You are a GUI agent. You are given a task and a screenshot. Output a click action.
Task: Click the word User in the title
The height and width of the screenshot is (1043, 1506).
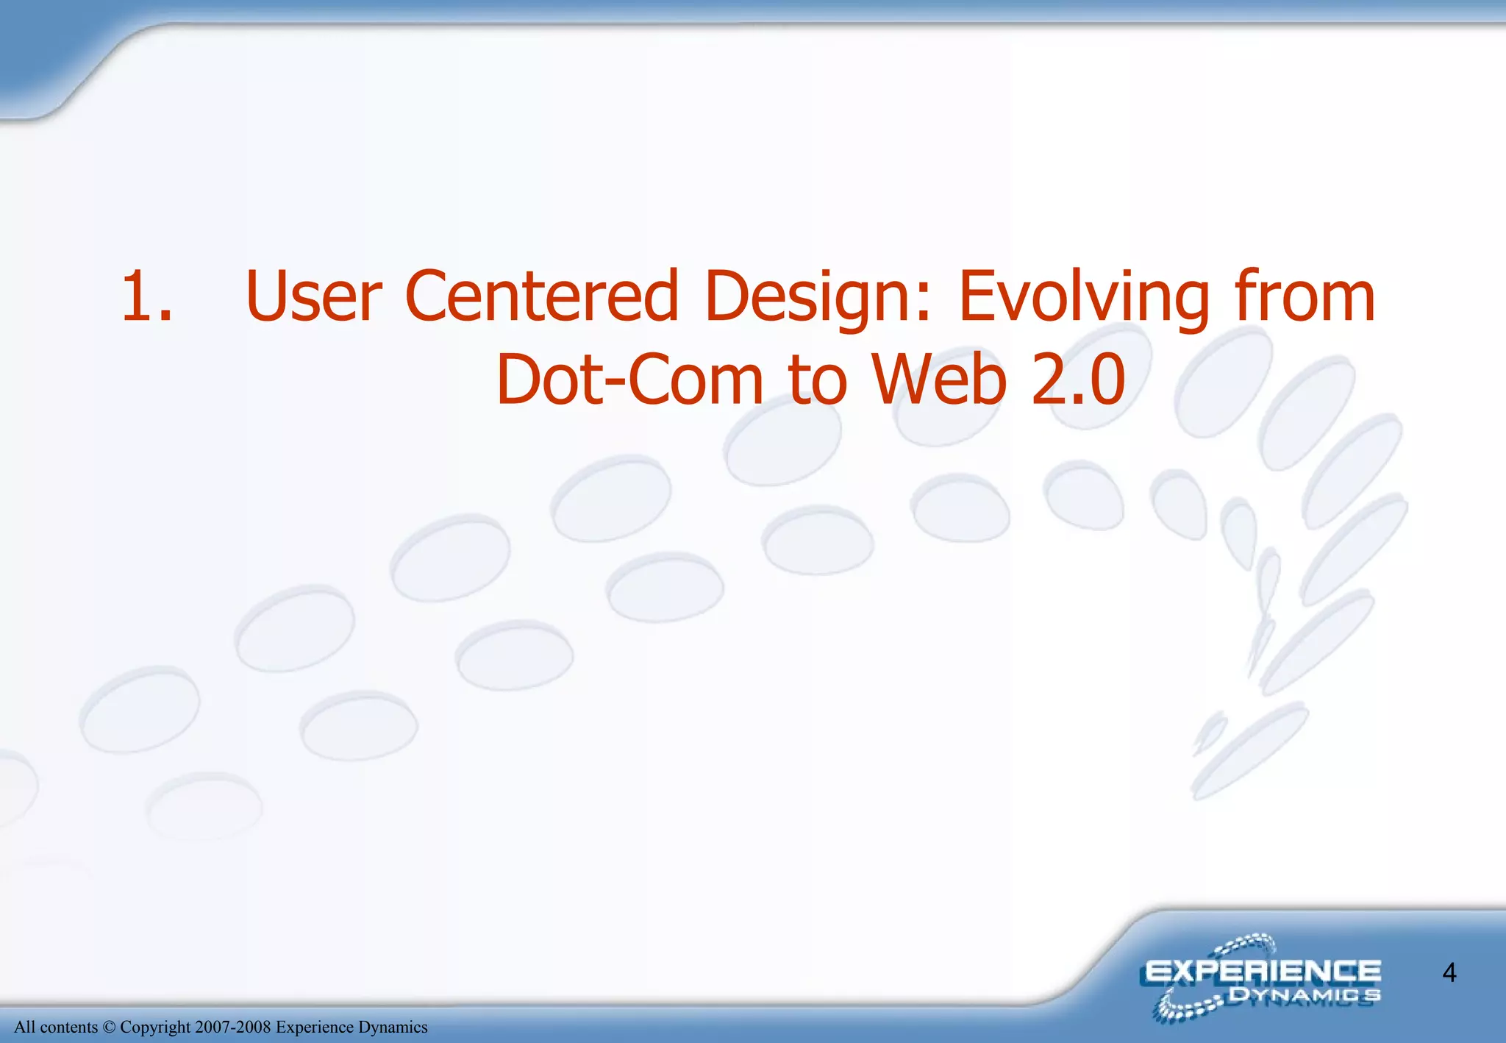(x=313, y=296)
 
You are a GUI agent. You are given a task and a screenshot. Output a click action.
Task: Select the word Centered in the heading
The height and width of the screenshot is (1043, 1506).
(x=541, y=296)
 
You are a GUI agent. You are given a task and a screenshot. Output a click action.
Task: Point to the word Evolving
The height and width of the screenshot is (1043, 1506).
(x=1084, y=298)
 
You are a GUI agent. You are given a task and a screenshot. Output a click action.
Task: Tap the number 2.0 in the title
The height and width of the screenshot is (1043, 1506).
(x=1077, y=380)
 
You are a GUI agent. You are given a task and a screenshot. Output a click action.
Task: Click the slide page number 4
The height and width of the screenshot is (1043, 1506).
(x=1449, y=973)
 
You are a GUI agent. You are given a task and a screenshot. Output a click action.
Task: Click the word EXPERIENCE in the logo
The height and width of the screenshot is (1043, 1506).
(x=1263, y=972)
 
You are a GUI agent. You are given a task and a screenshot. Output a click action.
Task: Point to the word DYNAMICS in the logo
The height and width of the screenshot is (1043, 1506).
(x=1304, y=996)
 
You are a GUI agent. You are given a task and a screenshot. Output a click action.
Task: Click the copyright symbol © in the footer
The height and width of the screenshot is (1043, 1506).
(x=109, y=1027)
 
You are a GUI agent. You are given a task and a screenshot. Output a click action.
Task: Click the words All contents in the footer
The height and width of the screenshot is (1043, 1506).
(x=56, y=1027)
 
